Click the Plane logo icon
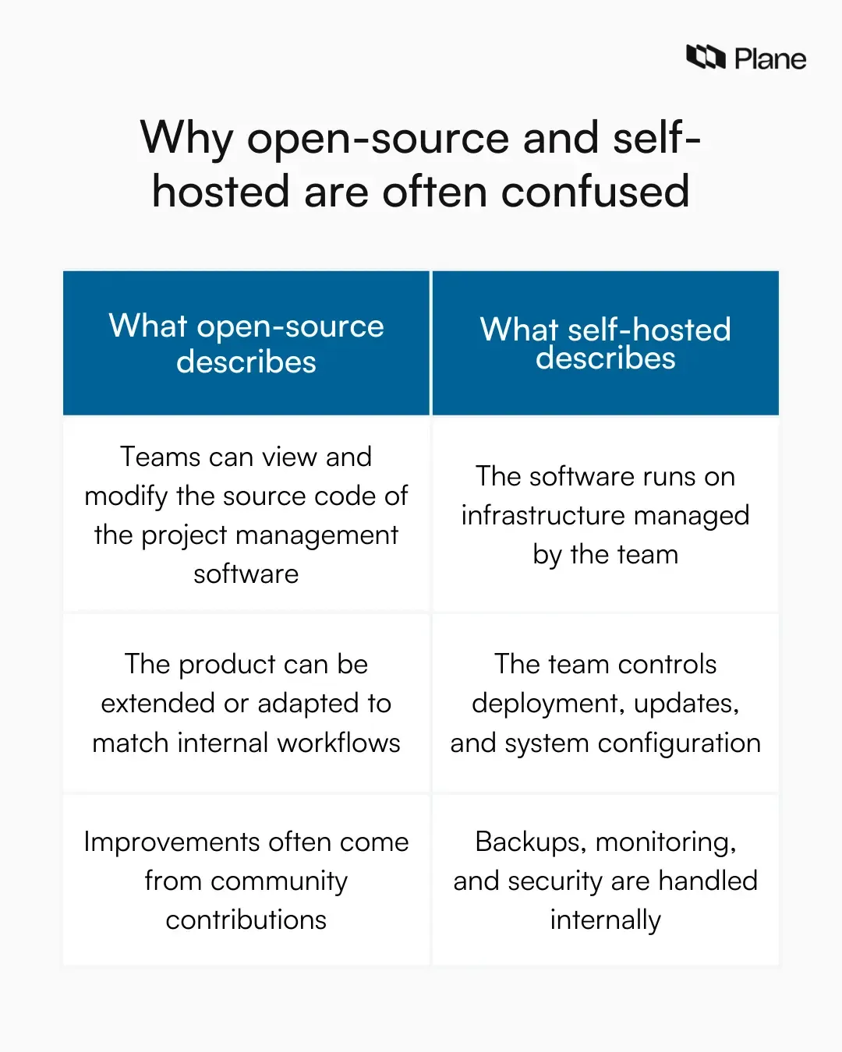point(706,58)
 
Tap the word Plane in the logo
point(769,59)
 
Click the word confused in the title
point(595,192)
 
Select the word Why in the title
point(186,139)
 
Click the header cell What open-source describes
point(246,344)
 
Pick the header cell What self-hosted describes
point(606,344)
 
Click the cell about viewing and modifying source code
point(246,515)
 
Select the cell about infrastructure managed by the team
point(606,515)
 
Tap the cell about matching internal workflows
point(246,703)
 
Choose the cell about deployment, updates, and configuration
point(606,703)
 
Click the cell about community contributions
point(246,881)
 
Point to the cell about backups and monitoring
point(606,881)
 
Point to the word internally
point(606,920)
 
